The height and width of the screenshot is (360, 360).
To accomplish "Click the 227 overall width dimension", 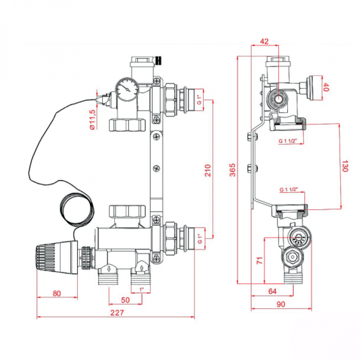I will pyautogui.click(x=116, y=313).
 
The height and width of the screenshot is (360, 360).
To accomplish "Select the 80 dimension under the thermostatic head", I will pyautogui.click(x=56, y=293).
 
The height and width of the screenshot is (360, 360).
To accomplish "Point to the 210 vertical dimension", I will pyautogui.click(x=207, y=170).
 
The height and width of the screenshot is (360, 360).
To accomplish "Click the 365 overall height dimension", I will pyautogui.click(x=232, y=170).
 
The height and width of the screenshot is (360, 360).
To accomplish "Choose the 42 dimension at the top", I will pyautogui.click(x=264, y=41).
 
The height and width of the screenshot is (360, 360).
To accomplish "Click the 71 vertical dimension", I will pyautogui.click(x=259, y=261).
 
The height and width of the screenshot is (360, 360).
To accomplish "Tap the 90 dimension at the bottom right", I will pyautogui.click(x=281, y=304).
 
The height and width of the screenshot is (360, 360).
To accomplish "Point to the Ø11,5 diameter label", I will pyautogui.click(x=92, y=119).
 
